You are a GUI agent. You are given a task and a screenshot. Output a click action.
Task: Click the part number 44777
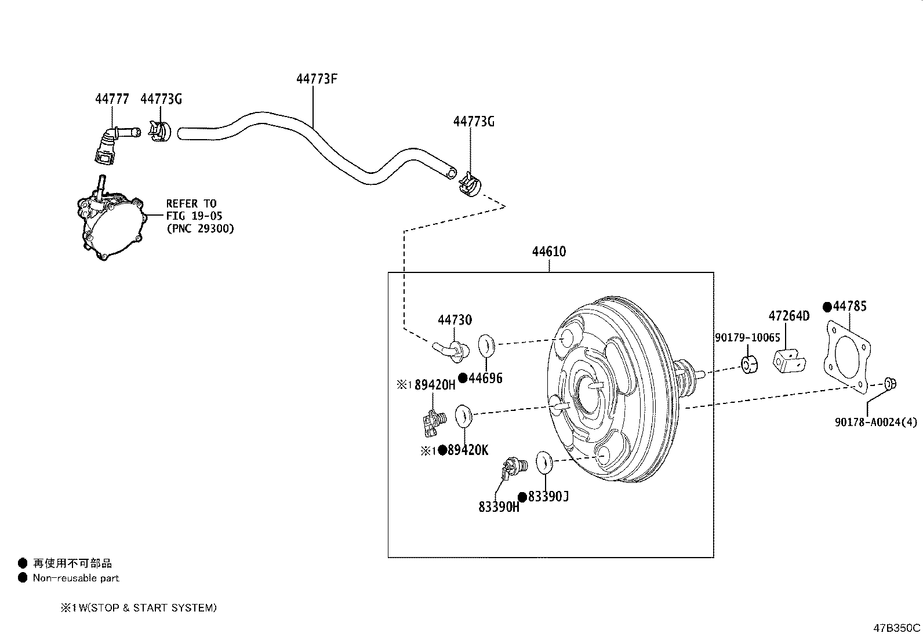(112, 99)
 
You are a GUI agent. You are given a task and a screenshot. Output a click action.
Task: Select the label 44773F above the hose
(317, 79)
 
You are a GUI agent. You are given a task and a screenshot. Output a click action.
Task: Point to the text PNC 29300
(200, 229)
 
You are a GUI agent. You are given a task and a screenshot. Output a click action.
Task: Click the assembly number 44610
(549, 252)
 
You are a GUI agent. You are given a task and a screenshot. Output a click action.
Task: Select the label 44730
(455, 320)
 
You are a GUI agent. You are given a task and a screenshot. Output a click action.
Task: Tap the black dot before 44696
(463, 378)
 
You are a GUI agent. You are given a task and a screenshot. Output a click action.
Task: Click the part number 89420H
(434, 385)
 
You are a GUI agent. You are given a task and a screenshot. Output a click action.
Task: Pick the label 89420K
(467, 450)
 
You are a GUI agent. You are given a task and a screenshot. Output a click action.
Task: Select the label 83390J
(548, 497)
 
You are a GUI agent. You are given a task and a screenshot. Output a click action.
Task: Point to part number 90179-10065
(747, 337)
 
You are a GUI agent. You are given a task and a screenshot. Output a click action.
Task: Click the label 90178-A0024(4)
(876, 423)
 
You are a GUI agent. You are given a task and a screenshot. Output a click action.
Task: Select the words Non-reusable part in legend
(76, 578)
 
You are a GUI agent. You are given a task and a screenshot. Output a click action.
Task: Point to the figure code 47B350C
(897, 628)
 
